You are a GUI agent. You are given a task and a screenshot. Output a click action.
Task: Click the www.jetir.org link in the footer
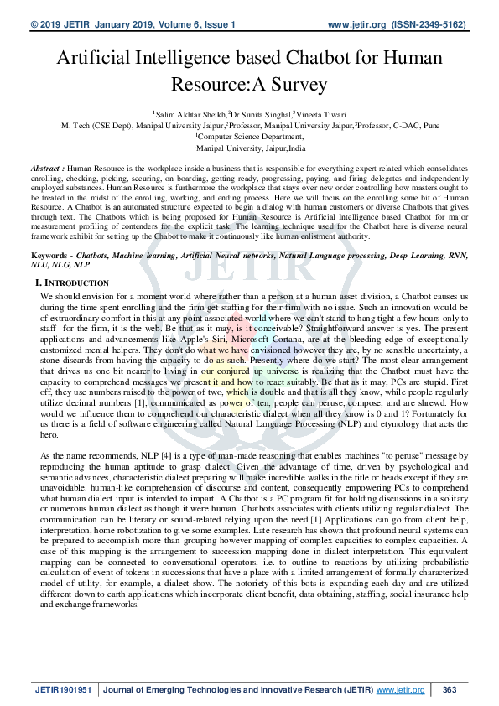(400, 690)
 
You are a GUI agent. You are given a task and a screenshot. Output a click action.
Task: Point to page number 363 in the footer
(450, 690)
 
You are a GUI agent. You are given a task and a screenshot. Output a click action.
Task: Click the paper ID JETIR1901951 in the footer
(63, 690)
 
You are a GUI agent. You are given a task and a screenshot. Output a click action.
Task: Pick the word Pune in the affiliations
(431, 124)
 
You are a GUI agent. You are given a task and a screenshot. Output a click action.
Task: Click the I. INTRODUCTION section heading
(75, 283)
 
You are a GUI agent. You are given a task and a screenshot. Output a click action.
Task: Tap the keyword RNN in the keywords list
(456, 253)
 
